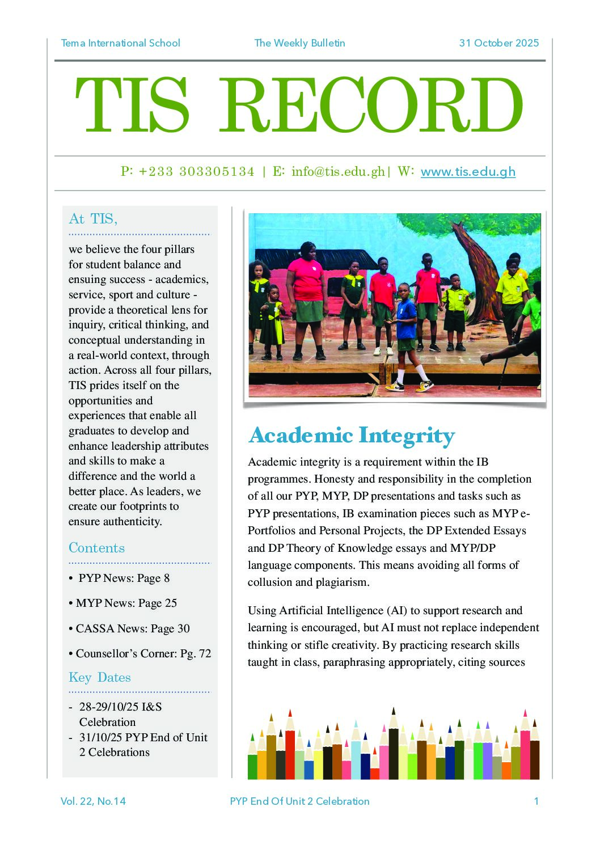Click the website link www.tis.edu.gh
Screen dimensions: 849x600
[468, 171]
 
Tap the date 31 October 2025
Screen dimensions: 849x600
[498, 43]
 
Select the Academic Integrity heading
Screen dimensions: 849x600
[352, 436]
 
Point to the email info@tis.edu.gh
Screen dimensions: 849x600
[338, 171]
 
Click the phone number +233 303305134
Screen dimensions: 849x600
[196, 171]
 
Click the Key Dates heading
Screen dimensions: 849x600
[100, 677]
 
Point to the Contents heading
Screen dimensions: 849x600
[96, 548]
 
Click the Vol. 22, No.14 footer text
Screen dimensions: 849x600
[93, 801]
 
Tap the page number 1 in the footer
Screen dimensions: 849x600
[536, 801]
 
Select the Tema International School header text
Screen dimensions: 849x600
[120, 43]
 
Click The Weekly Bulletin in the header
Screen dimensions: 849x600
[299, 43]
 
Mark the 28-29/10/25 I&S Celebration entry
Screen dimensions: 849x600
[120, 714]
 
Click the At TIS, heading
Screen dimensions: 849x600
[93, 219]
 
